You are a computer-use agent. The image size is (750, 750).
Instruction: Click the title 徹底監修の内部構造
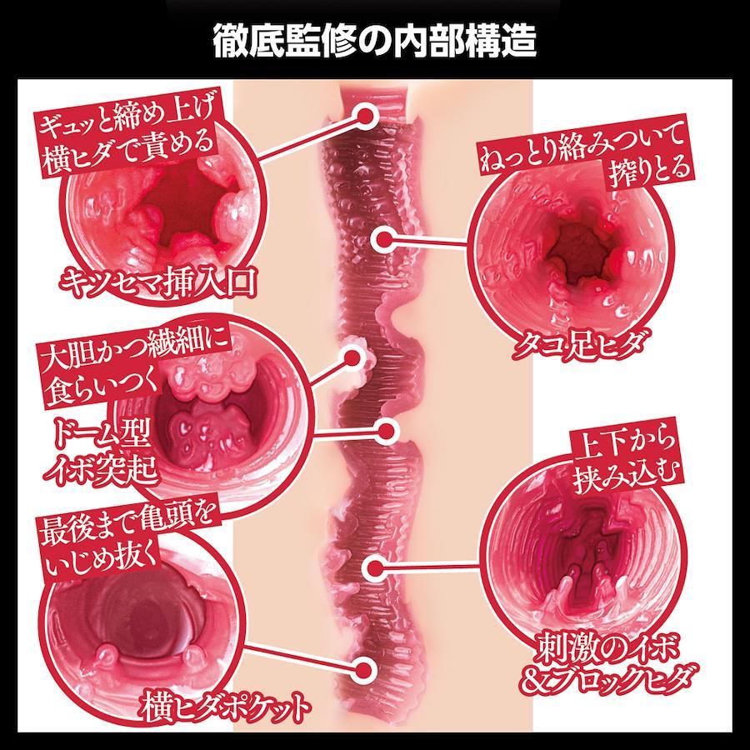(374, 41)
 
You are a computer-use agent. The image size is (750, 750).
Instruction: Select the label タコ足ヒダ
(578, 343)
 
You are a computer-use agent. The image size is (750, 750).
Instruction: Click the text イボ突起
(101, 467)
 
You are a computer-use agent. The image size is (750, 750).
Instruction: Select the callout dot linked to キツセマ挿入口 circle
(366, 116)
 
